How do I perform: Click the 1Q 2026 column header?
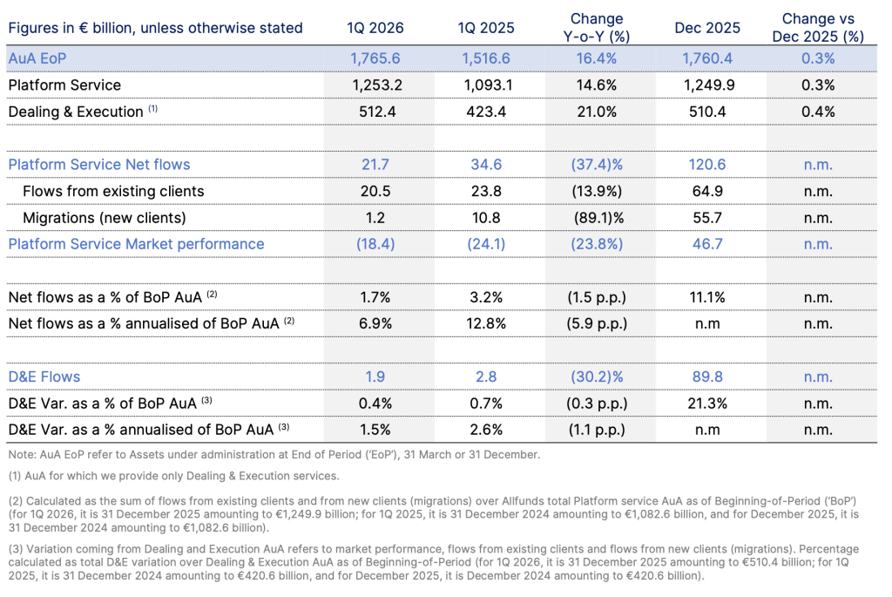[x=375, y=28]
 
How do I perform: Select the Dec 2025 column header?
[x=707, y=28]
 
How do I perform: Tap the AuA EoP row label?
[x=37, y=58]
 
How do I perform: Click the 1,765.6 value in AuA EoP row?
[x=375, y=58]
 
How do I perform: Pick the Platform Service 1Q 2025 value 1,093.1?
[x=486, y=85]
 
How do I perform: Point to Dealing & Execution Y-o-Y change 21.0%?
[x=597, y=112]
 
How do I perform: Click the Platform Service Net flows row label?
[x=99, y=165]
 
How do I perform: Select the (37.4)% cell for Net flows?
[x=597, y=165]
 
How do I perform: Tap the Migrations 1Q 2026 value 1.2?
[x=375, y=217]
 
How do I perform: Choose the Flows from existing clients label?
[x=113, y=191]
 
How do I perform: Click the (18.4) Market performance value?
[x=375, y=244]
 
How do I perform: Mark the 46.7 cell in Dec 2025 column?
[x=707, y=244]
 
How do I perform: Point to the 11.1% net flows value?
[x=707, y=297]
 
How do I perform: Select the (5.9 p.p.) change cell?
[x=597, y=324]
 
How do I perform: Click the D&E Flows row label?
[x=44, y=377]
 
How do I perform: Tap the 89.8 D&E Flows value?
[x=707, y=377]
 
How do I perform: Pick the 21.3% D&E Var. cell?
[x=707, y=404]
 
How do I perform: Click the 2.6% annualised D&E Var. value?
[x=486, y=430]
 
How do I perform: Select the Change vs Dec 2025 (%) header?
[x=818, y=27]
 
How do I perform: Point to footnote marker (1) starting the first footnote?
[x=15, y=476]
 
